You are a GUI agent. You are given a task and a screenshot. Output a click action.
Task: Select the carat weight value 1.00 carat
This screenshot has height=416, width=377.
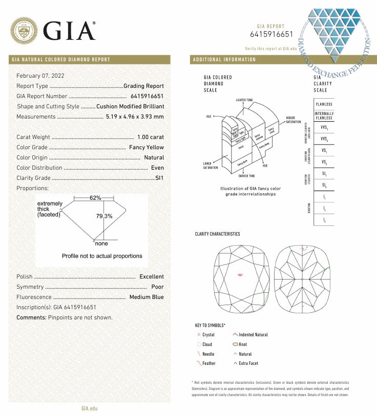pyautogui.click(x=151, y=137)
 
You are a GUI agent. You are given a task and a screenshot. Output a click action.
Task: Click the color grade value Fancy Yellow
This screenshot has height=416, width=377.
pyautogui.click(x=146, y=147)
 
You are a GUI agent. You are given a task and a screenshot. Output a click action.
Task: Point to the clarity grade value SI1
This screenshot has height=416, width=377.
pyautogui.click(x=159, y=178)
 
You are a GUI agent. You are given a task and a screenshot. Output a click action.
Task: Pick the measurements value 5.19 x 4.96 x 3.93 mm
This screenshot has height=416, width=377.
pyautogui.click(x=135, y=117)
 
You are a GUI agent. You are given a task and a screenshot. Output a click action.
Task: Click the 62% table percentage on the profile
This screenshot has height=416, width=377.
pyautogui.click(x=96, y=198)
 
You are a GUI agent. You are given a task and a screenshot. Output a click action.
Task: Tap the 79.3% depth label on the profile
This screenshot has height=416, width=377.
pyautogui.click(x=104, y=216)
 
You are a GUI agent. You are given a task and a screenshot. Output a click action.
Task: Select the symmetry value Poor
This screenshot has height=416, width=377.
pyautogui.click(x=158, y=287)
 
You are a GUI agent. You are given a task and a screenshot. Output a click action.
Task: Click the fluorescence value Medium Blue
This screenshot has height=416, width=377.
pyautogui.click(x=146, y=297)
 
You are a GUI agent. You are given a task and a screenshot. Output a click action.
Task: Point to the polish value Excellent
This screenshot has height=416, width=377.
pyautogui.click(x=152, y=276)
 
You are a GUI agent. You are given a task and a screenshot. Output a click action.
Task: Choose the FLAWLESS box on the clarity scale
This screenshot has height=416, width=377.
pyautogui.click(x=324, y=104)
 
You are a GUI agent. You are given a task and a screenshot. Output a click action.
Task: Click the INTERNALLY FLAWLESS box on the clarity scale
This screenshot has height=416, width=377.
pyautogui.click(x=324, y=115)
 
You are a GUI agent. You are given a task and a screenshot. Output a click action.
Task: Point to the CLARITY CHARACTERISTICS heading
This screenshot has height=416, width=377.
pyautogui.click(x=217, y=234)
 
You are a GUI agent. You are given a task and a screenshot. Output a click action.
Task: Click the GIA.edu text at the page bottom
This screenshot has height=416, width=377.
pyautogui.click(x=89, y=408)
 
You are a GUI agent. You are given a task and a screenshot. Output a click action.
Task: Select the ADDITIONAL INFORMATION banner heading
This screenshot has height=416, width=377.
pyautogui.click(x=224, y=59)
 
